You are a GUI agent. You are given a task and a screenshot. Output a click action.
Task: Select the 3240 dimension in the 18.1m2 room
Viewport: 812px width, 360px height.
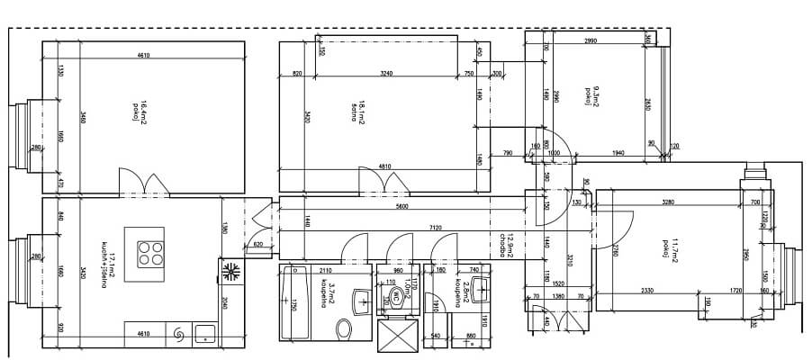pos(386,73)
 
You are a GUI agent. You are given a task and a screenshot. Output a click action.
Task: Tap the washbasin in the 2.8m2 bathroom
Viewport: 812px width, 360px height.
pos(480,290)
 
